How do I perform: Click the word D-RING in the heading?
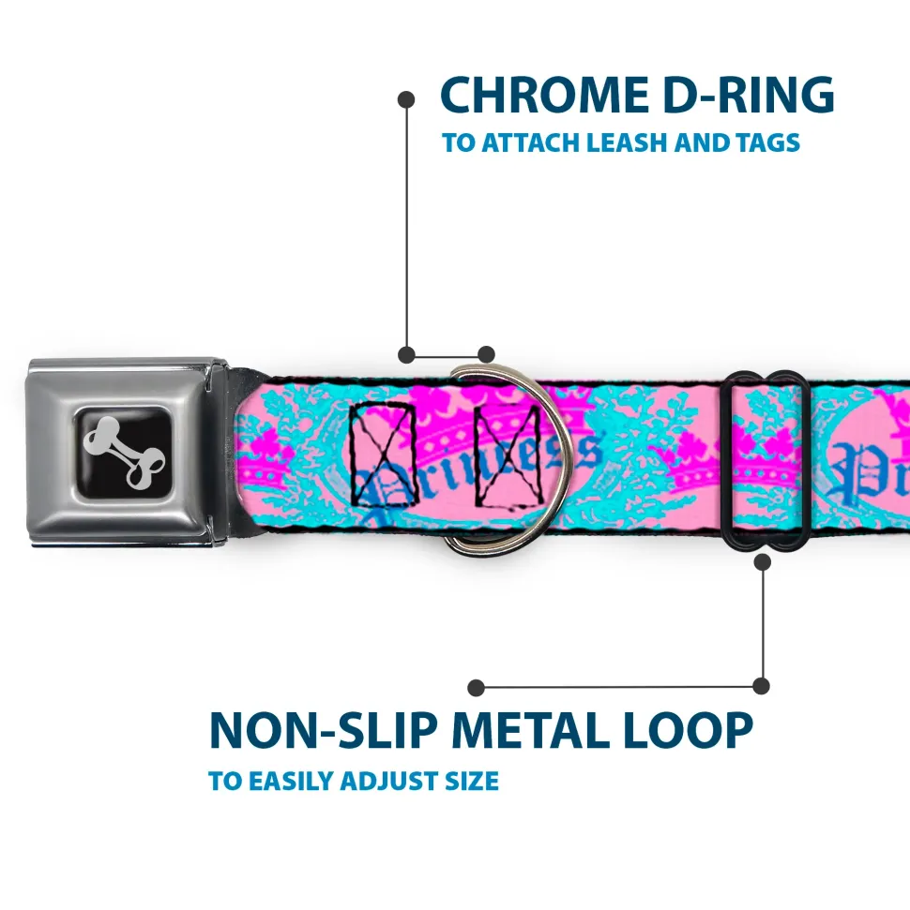pos(741,96)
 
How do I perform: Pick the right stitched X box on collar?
pos(508,452)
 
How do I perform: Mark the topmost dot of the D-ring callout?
pos(406,97)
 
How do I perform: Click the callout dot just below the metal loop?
pos(762,562)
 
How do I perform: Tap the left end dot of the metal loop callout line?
pos(477,687)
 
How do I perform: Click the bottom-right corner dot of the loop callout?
pos(762,687)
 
